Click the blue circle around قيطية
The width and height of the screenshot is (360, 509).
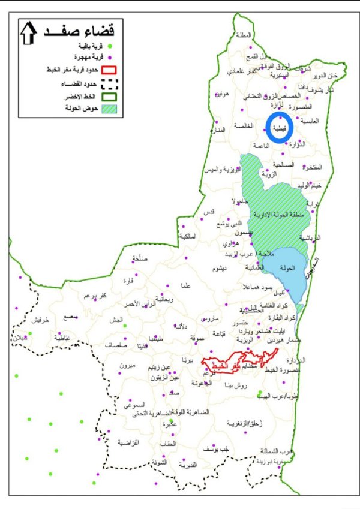280,127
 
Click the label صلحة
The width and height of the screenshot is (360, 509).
139,259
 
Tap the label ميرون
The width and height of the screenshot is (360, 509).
128,365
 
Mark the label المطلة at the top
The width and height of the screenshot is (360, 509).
244,35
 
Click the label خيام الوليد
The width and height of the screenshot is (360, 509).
310,186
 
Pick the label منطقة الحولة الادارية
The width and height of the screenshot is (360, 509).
277,214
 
